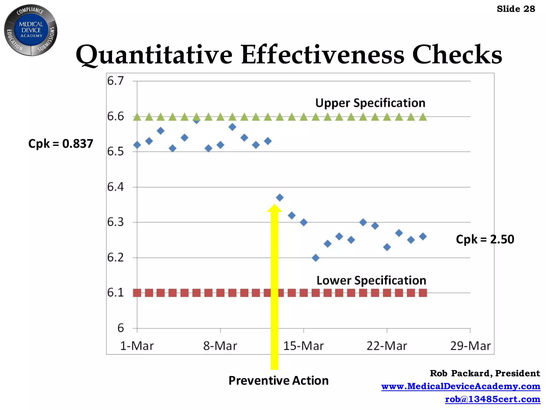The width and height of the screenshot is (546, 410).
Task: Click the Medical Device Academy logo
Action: coord(31,30)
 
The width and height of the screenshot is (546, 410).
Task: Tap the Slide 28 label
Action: coord(516,9)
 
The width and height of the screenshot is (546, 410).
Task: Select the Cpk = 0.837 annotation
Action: coord(61,144)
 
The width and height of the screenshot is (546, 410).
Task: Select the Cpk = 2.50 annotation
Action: coord(485,239)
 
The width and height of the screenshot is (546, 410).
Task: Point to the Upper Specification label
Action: coord(370,103)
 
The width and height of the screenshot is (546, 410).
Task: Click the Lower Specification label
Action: coord(371,281)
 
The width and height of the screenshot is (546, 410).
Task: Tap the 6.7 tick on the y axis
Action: coord(115,81)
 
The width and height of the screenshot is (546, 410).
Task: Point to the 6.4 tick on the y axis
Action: coord(115,187)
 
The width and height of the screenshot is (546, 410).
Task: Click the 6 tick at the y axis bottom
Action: coord(121,328)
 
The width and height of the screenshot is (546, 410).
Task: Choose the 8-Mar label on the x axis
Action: coord(220,346)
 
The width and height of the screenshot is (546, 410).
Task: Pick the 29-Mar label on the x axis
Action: coord(470,346)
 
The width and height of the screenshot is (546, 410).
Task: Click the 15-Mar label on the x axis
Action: coord(303,346)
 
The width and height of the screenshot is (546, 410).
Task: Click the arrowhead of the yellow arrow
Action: coord(274,208)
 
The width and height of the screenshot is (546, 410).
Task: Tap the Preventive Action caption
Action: coord(278,380)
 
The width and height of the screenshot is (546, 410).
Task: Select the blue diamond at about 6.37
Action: coord(280,198)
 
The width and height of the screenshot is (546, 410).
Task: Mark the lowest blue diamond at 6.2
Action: coord(315,258)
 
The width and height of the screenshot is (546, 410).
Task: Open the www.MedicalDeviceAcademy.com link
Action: coord(460,386)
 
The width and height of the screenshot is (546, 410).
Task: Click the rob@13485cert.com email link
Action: coord(492,399)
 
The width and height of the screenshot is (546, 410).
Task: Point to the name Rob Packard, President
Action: coord(485,373)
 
